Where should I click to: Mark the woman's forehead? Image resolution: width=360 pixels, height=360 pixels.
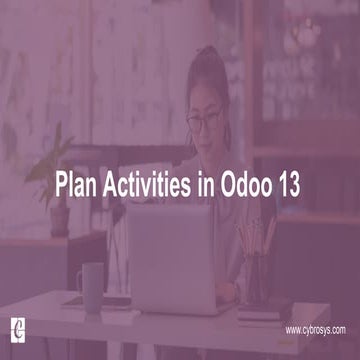pyautogui.click(x=207, y=98)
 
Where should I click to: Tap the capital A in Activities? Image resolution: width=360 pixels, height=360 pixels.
pyautogui.click(x=104, y=183)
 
